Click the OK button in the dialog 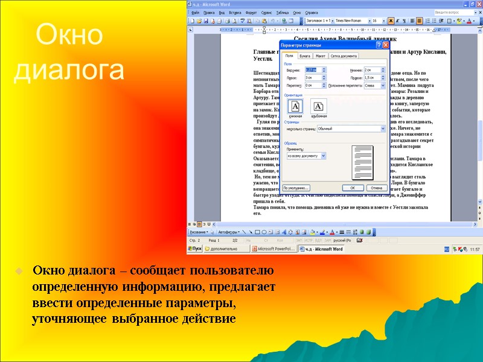pyautogui.click(x=353, y=188)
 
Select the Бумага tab pyautogui.click(x=305, y=56)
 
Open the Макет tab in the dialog pyautogui.click(x=320, y=56)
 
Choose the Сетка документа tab pyautogui.click(x=343, y=56)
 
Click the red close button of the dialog pyautogui.click(x=385, y=45)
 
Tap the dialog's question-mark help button pyautogui.click(x=378, y=45)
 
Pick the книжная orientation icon pyautogui.click(x=295, y=107)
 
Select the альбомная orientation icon pyautogui.click(x=318, y=107)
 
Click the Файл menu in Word pyautogui.click(x=195, y=12)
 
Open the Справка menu pyautogui.click(x=312, y=12)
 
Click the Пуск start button pyautogui.click(x=194, y=248)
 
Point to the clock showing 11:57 pyautogui.click(x=475, y=249)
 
